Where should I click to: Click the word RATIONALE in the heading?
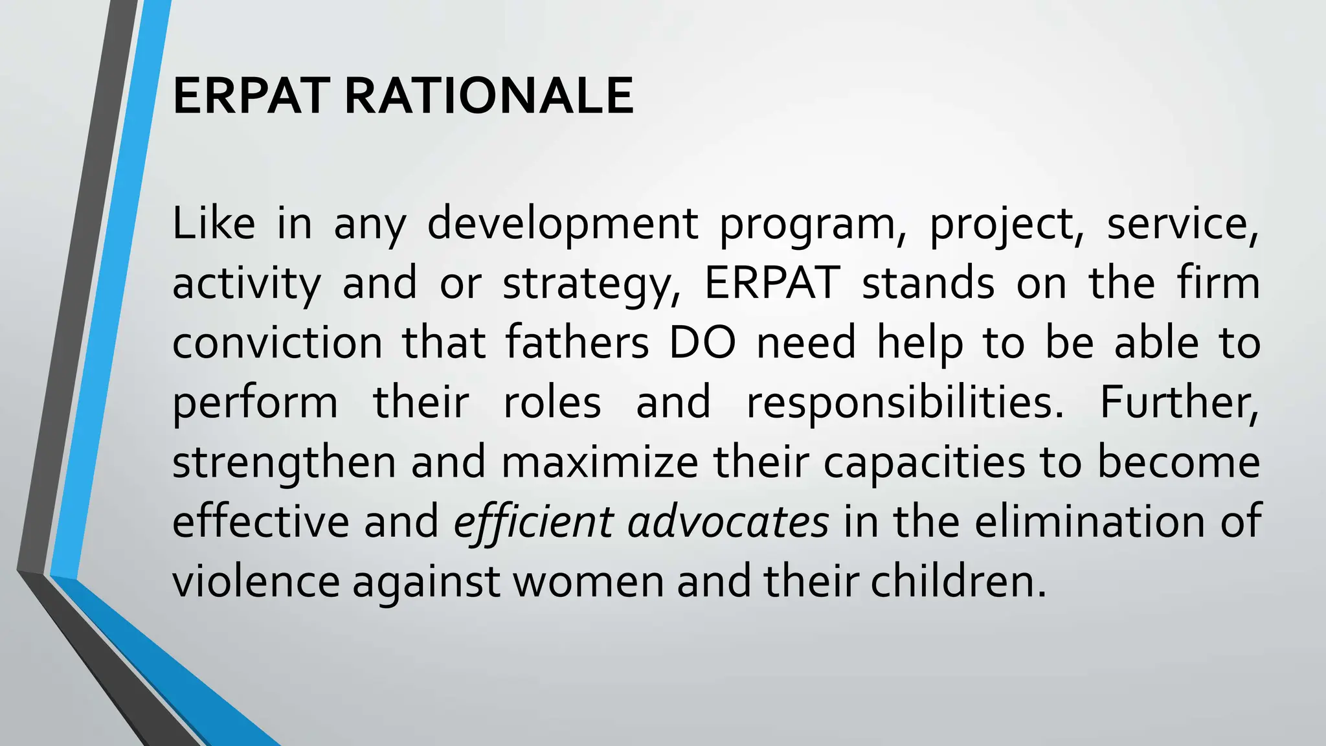point(489,96)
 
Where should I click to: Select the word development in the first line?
point(563,223)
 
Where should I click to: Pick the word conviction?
point(277,343)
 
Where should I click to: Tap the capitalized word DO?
point(702,343)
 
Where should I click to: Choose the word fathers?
point(576,343)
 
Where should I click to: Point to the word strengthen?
point(284,463)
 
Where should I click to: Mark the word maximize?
point(600,463)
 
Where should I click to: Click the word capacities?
point(925,463)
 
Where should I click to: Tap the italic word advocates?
point(728,522)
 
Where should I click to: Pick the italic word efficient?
point(533,522)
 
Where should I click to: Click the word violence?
point(256,582)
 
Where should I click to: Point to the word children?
point(958,582)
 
